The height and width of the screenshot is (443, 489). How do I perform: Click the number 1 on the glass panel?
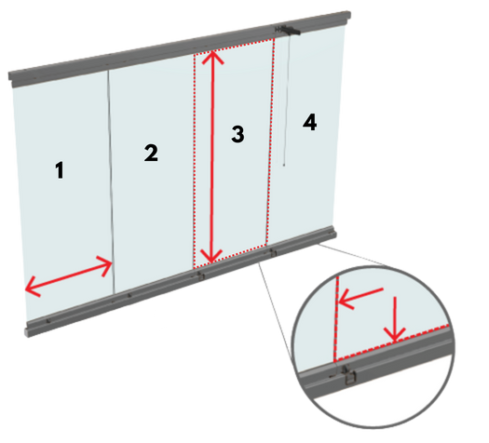[x=60, y=170]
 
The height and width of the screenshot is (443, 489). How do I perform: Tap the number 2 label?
[x=151, y=153]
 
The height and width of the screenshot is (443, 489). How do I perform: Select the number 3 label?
[x=238, y=134]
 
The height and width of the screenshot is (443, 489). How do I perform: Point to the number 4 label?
[x=309, y=122]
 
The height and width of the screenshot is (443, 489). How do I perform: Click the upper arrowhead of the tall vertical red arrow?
[x=212, y=56]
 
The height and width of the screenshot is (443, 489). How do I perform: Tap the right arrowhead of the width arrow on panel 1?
[x=105, y=266]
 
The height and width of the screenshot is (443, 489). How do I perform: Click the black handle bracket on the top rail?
[x=288, y=30]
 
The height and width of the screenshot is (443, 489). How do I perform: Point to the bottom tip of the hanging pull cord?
[x=284, y=165]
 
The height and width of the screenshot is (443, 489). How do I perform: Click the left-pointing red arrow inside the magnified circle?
[x=360, y=297]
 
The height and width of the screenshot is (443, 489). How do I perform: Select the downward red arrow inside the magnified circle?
[x=395, y=319]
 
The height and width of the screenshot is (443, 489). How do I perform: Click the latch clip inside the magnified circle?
[x=348, y=376]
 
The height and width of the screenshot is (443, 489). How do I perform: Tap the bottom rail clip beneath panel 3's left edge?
[x=201, y=275]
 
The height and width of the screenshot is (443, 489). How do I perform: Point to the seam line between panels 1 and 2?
[x=112, y=182]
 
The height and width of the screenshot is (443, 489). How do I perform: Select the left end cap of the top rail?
[x=11, y=79]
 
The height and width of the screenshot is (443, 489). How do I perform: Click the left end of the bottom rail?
[x=28, y=329]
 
